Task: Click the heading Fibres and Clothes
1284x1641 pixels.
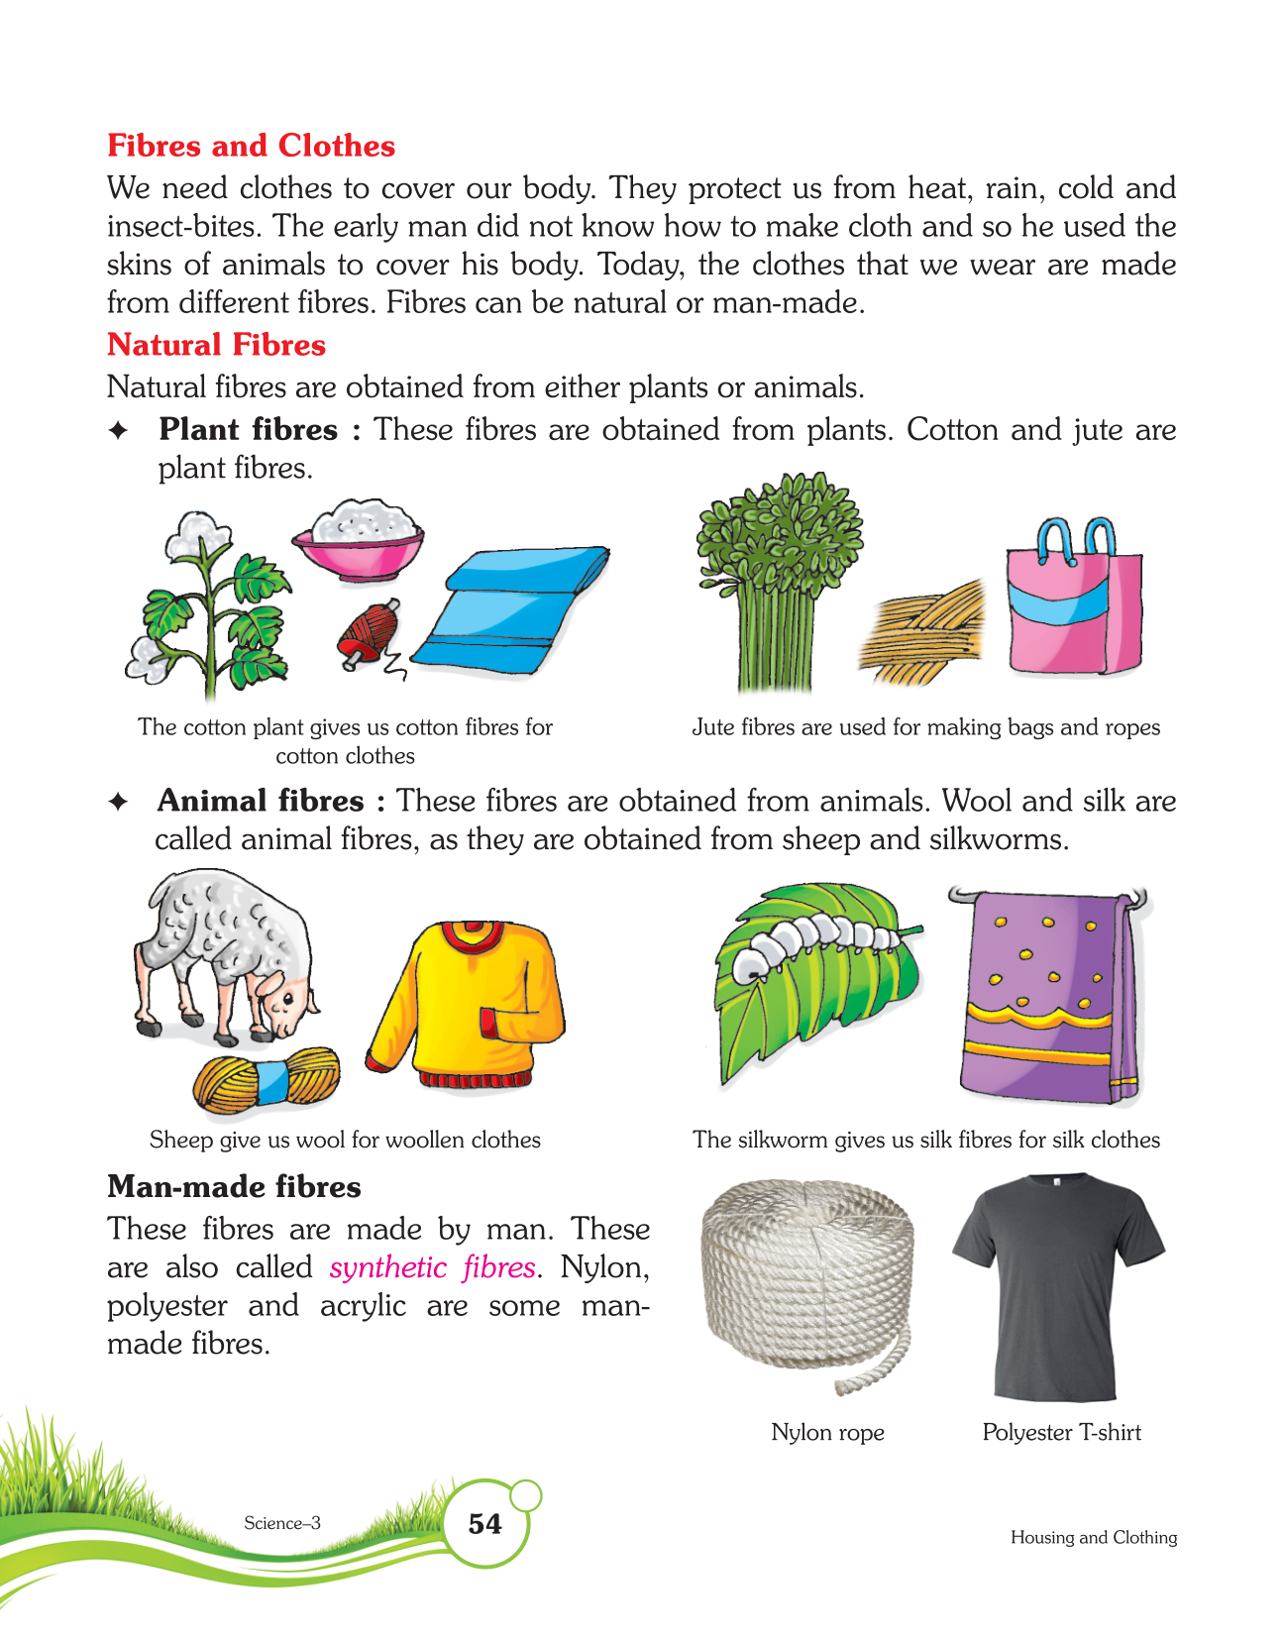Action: [x=251, y=146]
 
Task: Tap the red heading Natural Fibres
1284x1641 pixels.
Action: [x=216, y=345]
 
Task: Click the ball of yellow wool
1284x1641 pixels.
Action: [x=266, y=1080]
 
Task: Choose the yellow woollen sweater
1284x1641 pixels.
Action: [x=466, y=1003]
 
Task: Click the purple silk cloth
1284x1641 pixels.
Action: [x=1048, y=993]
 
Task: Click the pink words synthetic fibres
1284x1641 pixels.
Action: [x=432, y=1267]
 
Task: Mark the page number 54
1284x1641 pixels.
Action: [x=484, y=1523]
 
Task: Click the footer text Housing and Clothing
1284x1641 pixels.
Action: [x=1093, y=1537]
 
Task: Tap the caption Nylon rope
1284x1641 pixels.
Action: [x=827, y=1432]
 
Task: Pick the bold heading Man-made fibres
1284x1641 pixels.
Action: [x=234, y=1186]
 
